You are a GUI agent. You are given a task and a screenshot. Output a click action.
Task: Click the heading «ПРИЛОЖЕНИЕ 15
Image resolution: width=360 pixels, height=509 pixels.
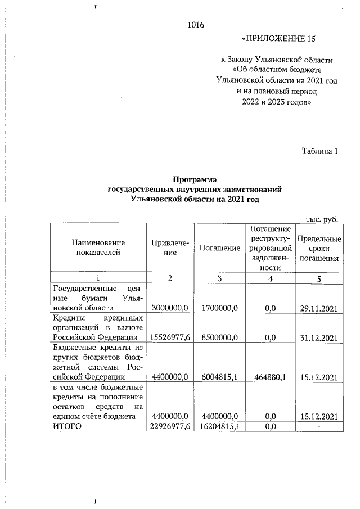278,39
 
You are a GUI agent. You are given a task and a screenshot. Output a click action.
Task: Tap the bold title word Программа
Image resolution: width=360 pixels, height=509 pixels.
194,180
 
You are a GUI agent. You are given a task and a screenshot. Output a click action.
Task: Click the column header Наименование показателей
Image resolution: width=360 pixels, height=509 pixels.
98,247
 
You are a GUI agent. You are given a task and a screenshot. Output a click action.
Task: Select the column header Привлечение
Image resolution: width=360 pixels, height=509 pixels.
170,247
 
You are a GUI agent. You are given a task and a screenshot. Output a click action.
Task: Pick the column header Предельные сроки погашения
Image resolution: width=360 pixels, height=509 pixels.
319,247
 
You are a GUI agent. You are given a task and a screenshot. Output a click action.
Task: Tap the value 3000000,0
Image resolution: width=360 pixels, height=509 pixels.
170,308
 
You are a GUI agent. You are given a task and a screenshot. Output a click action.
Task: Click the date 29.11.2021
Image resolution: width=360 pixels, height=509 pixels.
319,308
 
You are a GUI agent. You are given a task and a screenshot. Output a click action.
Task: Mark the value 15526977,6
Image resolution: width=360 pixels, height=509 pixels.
170,337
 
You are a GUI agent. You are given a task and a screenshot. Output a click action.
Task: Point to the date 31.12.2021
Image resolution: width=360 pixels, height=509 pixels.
319,337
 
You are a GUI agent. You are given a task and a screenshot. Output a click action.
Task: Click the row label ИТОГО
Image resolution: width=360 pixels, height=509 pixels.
67,426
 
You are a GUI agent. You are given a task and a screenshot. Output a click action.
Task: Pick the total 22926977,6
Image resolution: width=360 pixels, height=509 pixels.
170,426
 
